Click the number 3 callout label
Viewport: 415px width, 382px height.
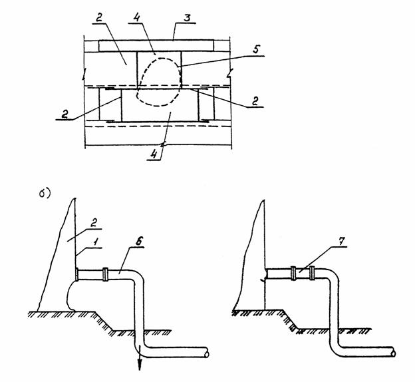click(x=187, y=18)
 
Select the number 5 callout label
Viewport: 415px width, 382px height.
click(x=256, y=49)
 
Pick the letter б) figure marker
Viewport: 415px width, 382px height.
click(x=45, y=194)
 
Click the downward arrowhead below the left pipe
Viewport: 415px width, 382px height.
click(x=140, y=365)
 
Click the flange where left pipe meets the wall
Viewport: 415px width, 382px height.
click(x=77, y=274)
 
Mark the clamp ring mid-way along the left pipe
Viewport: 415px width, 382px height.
click(x=105, y=274)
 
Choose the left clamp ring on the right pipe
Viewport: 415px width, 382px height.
click(x=293, y=273)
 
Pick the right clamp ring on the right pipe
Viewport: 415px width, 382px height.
click(x=311, y=273)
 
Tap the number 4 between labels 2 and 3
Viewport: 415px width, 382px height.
click(x=137, y=18)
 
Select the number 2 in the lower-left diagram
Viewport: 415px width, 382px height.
click(x=93, y=223)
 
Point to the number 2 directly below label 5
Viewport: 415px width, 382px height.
click(x=255, y=101)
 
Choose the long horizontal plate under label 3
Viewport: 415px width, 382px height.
click(x=156, y=45)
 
